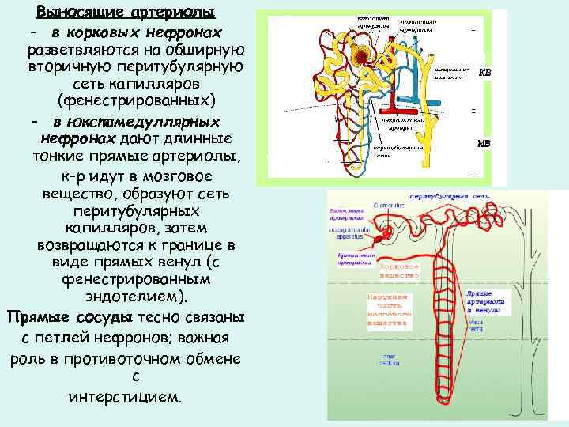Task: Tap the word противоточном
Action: click(x=142, y=358)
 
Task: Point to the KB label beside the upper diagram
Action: click(x=484, y=72)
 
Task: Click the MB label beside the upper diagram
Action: click(x=484, y=143)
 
